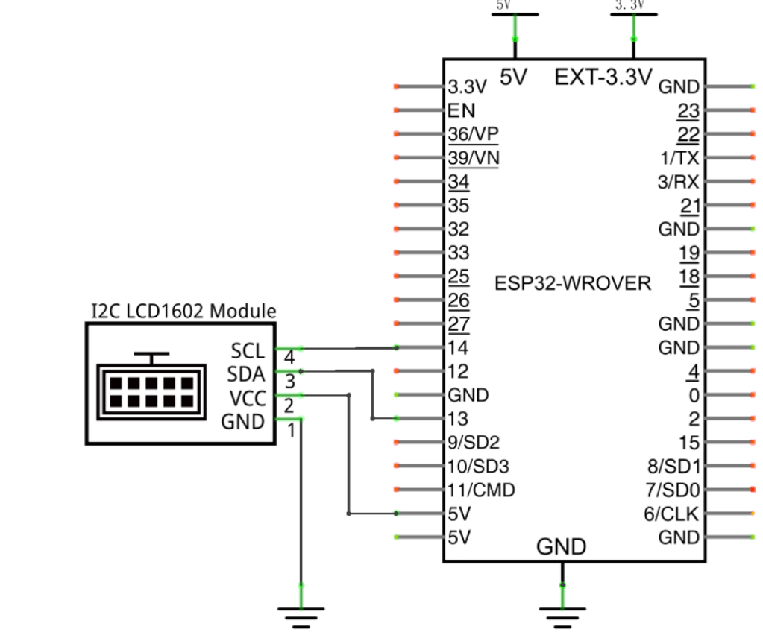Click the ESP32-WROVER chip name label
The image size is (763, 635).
572,284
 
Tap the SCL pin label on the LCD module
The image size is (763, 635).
248,350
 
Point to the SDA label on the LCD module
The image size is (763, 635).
247,374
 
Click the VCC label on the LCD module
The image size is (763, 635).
247,398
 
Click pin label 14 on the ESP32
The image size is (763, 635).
459,347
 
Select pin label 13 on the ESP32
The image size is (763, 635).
459,419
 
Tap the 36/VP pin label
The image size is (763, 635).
474,134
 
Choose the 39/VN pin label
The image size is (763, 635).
474,158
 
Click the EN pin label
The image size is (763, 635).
462,111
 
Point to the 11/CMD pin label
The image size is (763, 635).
481,490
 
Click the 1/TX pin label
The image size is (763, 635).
681,158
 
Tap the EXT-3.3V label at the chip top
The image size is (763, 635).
603,77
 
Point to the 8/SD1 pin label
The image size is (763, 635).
673,467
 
